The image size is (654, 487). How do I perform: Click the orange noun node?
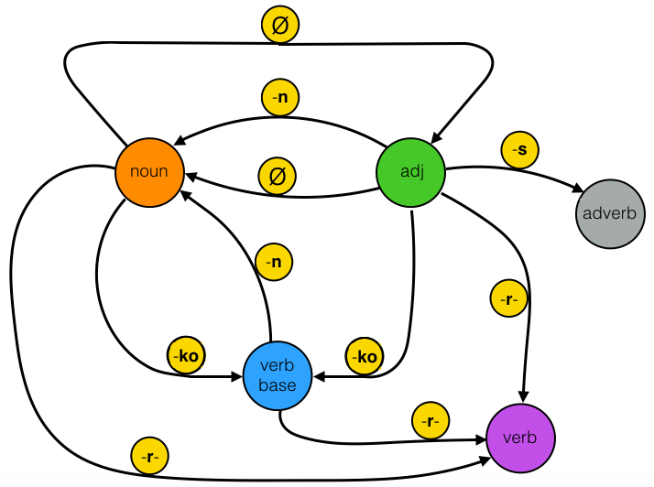[x=148, y=171]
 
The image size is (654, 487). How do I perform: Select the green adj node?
[x=411, y=171]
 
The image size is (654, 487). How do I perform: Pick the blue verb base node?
[x=277, y=376]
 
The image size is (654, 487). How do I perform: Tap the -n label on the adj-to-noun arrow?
[x=281, y=95]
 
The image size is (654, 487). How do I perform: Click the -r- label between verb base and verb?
[x=426, y=422]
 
